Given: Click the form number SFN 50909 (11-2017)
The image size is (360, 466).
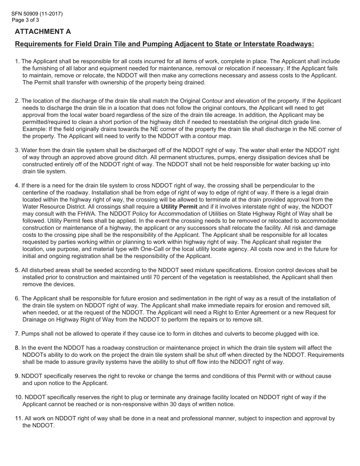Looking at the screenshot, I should point(37,14).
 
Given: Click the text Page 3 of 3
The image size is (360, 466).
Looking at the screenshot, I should point(25,20).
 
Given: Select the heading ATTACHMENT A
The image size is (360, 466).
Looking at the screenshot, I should point(43,32).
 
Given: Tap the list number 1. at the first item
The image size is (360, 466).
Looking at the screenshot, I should point(17,61).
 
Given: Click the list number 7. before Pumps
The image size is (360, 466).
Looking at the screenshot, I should point(17,334).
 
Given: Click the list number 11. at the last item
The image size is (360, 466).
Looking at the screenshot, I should point(19,419).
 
